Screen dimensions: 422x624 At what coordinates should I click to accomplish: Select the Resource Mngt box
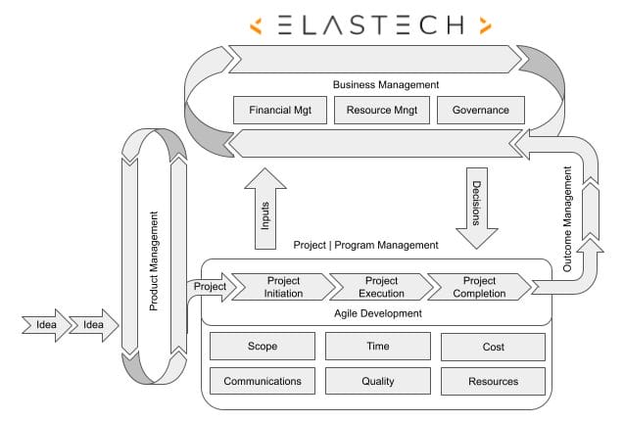pyautogui.click(x=381, y=111)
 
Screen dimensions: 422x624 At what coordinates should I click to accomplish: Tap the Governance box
pyautogui.click(x=480, y=111)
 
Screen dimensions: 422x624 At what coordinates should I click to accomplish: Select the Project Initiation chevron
pyautogui.click(x=282, y=287)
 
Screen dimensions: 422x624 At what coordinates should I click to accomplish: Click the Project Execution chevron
pyautogui.click(x=380, y=287)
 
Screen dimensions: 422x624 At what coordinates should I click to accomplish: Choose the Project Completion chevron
pyautogui.click(x=478, y=287)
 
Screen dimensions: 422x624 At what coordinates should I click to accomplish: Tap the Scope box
pyautogui.click(x=263, y=347)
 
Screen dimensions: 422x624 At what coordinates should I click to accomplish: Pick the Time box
pyautogui.click(x=377, y=347)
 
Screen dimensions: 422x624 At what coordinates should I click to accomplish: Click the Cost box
pyautogui.click(x=493, y=347)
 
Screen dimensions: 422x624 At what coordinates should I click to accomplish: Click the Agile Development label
pyautogui.click(x=377, y=313)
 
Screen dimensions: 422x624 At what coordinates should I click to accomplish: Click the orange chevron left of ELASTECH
pyautogui.click(x=256, y=24)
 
